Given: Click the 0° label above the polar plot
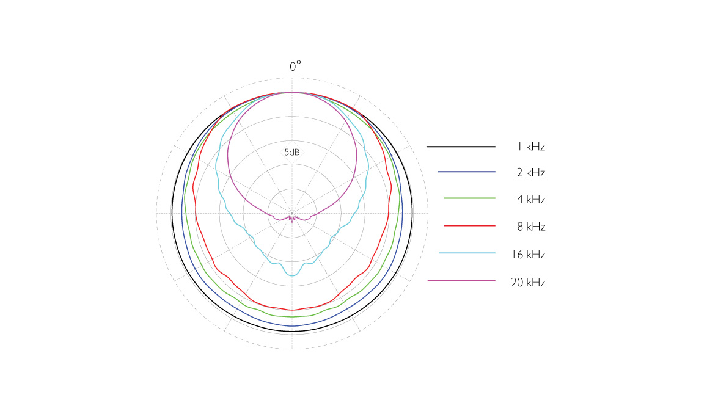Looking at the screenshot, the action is click(x=295, y=67).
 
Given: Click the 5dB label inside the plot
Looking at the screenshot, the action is click(x=292, y=152).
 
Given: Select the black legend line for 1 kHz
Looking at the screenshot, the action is click(x=461, y=147).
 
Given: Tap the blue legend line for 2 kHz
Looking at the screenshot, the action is click(x=466, y=172).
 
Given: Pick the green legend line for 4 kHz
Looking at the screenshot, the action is click(x=469, y=198).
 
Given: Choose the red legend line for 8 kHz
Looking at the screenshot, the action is click(x=470, y=225).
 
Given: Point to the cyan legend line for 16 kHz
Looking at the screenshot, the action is click(x=468, y=253).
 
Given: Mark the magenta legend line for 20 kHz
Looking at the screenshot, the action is click(x=461, y=280).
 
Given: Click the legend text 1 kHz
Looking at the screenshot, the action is click(x=531, y=147).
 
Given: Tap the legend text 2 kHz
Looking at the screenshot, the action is click(x=531, y=173).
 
